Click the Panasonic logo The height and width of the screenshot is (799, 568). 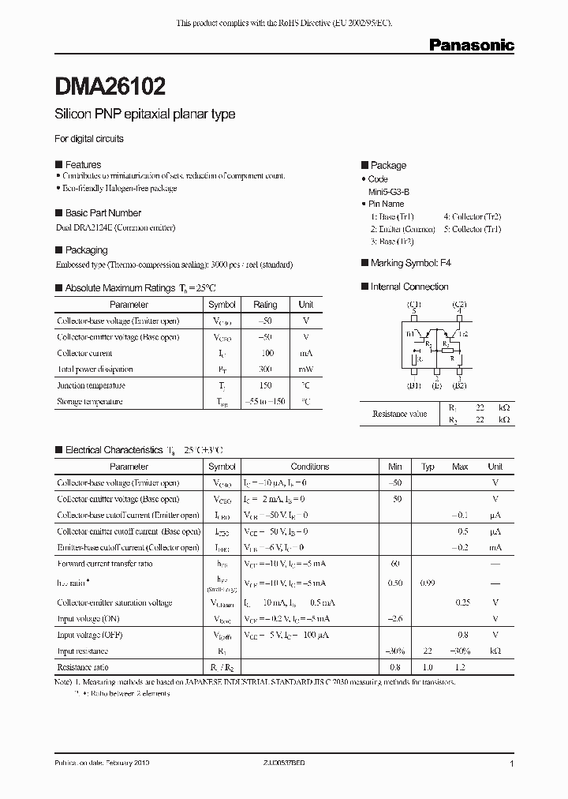tap(471, 46)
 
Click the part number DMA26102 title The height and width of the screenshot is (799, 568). tap(110, 85)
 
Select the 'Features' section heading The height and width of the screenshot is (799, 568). tap(82, 164)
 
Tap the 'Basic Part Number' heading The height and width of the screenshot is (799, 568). tap(103, 213)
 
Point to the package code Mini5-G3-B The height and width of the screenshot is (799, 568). tap(389, 191)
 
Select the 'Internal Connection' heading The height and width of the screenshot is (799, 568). tap(409, 287)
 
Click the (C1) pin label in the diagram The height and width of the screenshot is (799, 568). tap(413, 304)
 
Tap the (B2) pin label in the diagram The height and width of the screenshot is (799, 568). tap(459, 385)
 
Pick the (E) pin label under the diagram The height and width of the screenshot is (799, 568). tap(436, 385)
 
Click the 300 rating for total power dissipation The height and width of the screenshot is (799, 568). tap(265, 369)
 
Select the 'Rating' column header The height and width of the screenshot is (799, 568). tap(265, 305)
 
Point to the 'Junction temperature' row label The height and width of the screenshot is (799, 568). tap(91, 386)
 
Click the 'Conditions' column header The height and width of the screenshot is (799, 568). tap(309, 467)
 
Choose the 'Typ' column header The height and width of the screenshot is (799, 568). tap(428, 467)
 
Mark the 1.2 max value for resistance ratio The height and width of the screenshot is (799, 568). tap(461, 667)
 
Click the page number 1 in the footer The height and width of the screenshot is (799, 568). tap(512, 764)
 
